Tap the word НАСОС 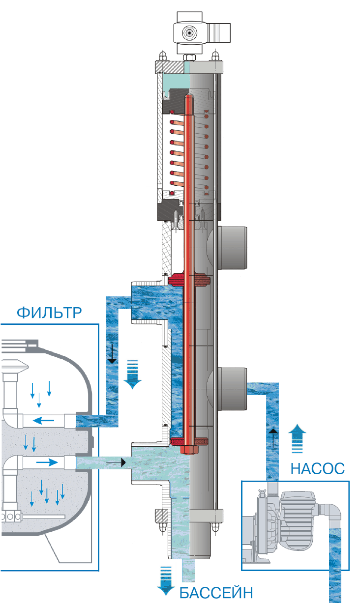pyautogui.click(x=317, y=468)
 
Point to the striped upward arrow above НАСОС pyautogui.click(x=298, y=439)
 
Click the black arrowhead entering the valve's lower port pyautogui.click(x=123, y=462)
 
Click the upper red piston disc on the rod pyautogui.click(x=189, y=281)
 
